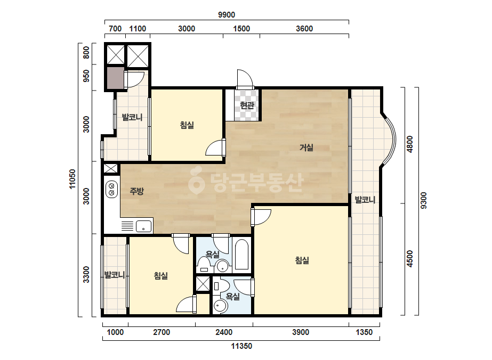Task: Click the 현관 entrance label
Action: pyautogui.click(x=247, y=105)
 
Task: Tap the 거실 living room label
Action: pyautogui.click(x=307, y=147)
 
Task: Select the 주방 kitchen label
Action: pyautogui.click(x=137, y=191)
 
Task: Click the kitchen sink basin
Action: pyautogui.click(x=143, y=226)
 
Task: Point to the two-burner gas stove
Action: pyautogui.click(x=111, y=189)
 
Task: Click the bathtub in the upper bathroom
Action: pyautogui.click(x=241, y=255)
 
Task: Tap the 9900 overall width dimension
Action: pyautogui.click(x=227, y=15)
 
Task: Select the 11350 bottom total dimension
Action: pyautogui.click(x=241, y=346)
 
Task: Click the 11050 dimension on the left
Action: pyautogui.click(x=72, y=179)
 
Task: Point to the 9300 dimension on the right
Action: pyautogui.click(x=423, y=201)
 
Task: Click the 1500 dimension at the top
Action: pyautogui.click(x=241, y=29)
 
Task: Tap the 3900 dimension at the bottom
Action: pyautogui.click(x=301, y=332)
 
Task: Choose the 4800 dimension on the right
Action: pyautogui.click(x=409, y=144)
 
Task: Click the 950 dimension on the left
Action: pyautogui.click(x=86, y=76)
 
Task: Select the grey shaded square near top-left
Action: pyautogui.click(x=116, y=78)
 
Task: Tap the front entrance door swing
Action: pyautogui.click(x=245, y=78)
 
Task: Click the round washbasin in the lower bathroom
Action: pyautogui.click(x=220, y=306)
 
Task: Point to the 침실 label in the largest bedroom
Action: pyautogui.click(x=302, y=260)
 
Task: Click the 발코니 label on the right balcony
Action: pyautogui.click(x=365, y=200)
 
